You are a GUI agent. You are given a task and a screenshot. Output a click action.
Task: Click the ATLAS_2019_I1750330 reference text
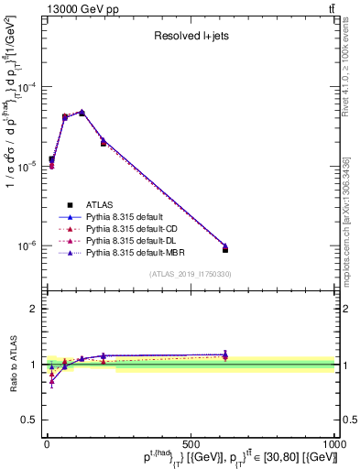coord(189,274)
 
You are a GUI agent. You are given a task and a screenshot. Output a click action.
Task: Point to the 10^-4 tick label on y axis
coord(27,88)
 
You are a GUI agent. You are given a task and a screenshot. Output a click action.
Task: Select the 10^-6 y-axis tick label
coord(27,245)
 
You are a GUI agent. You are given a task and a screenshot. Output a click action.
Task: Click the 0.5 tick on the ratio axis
coord(31,420)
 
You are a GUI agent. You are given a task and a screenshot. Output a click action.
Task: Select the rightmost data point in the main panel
coord(224,248)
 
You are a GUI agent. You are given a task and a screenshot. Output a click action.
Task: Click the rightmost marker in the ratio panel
coord(224,355)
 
